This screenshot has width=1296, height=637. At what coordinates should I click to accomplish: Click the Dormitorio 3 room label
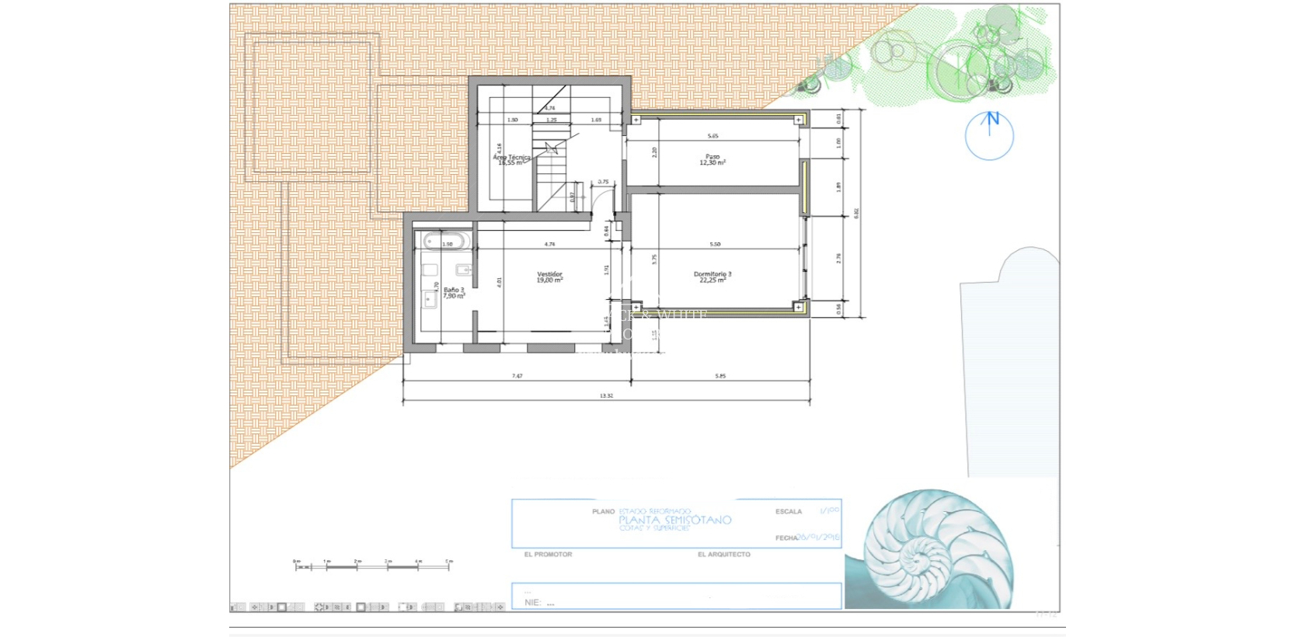[x=712, y=277]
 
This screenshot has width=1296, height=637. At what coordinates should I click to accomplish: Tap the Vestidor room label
[x=549, y=277]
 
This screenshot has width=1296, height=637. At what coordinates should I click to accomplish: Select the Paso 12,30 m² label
[x=712, y=159]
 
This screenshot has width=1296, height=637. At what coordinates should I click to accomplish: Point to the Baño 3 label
[x=454, y=293]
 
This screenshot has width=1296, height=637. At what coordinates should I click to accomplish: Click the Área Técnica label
[x=511, y=159]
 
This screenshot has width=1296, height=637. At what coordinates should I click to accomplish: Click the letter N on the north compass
[x=992, y=119]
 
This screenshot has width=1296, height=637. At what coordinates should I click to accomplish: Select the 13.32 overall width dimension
[x=606, y=395]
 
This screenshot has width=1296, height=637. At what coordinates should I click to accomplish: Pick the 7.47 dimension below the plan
[x=517, y=376]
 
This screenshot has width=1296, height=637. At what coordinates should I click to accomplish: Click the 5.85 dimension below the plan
[x=720, y=376]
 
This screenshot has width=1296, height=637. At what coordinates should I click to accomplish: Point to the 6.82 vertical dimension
[x=856, y=212]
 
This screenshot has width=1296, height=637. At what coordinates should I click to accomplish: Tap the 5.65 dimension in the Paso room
[x=712, y=136]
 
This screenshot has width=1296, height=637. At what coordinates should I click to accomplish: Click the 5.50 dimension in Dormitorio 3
[x=715, y=244]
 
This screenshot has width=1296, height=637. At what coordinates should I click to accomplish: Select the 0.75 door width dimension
[x=603, y=182]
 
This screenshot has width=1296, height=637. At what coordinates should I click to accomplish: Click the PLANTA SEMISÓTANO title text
[x=674, y=520]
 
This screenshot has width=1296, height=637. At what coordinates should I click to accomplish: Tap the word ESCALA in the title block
[x=788, y=511]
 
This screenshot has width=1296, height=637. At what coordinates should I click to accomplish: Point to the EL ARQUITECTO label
[x=723, y=554]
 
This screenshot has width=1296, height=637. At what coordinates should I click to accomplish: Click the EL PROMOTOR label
[x=548, y=554]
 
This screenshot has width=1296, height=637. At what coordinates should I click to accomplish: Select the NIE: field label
[x=532, y=602]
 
